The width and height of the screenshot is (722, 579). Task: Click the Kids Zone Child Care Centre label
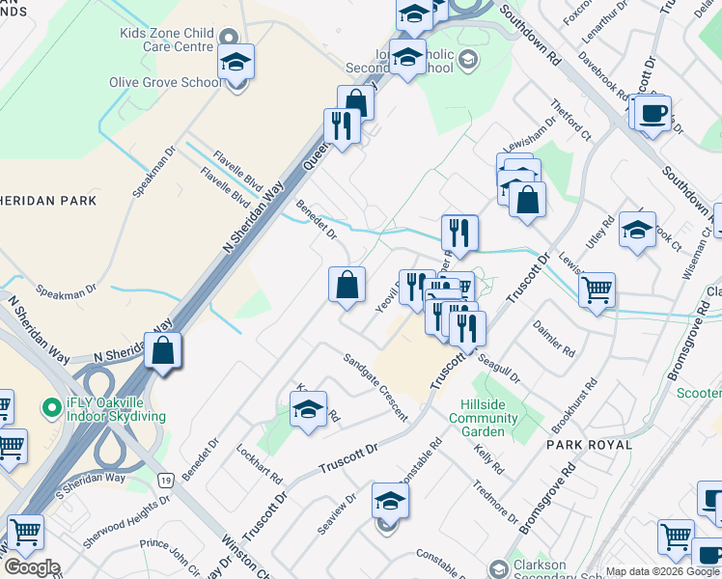click(166, 40)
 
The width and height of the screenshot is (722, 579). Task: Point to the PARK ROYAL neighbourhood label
click(589, 445)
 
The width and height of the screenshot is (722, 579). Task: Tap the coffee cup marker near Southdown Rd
click(653, 113)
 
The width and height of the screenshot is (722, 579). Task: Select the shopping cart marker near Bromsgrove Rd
click(597, 289)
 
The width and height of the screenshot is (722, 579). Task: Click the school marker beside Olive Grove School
click(236, 63)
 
